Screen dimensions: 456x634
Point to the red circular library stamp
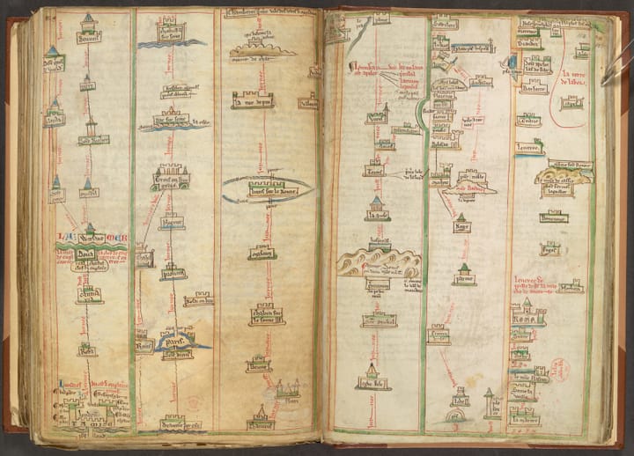click(x=560, y=369)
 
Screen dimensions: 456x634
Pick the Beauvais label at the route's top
click(x=89, y=38)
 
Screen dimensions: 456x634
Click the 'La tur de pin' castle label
click(x=252, y=103)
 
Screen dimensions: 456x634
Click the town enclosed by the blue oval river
click(x=266, y=188)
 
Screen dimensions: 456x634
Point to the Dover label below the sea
click(x=88, y=254)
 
